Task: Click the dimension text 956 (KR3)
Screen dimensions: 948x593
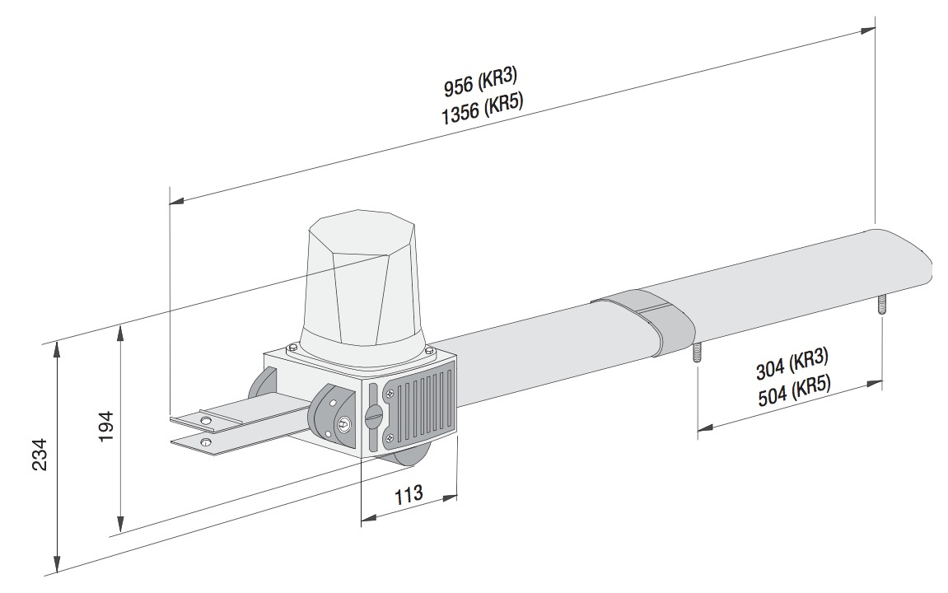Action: pos(481,83)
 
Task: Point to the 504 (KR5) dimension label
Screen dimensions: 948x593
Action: pos(793,390)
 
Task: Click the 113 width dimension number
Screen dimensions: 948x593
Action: pos(409,494)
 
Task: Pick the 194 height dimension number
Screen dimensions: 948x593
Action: pos(106,426)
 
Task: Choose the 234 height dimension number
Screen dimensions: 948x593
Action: pos(40,455)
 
